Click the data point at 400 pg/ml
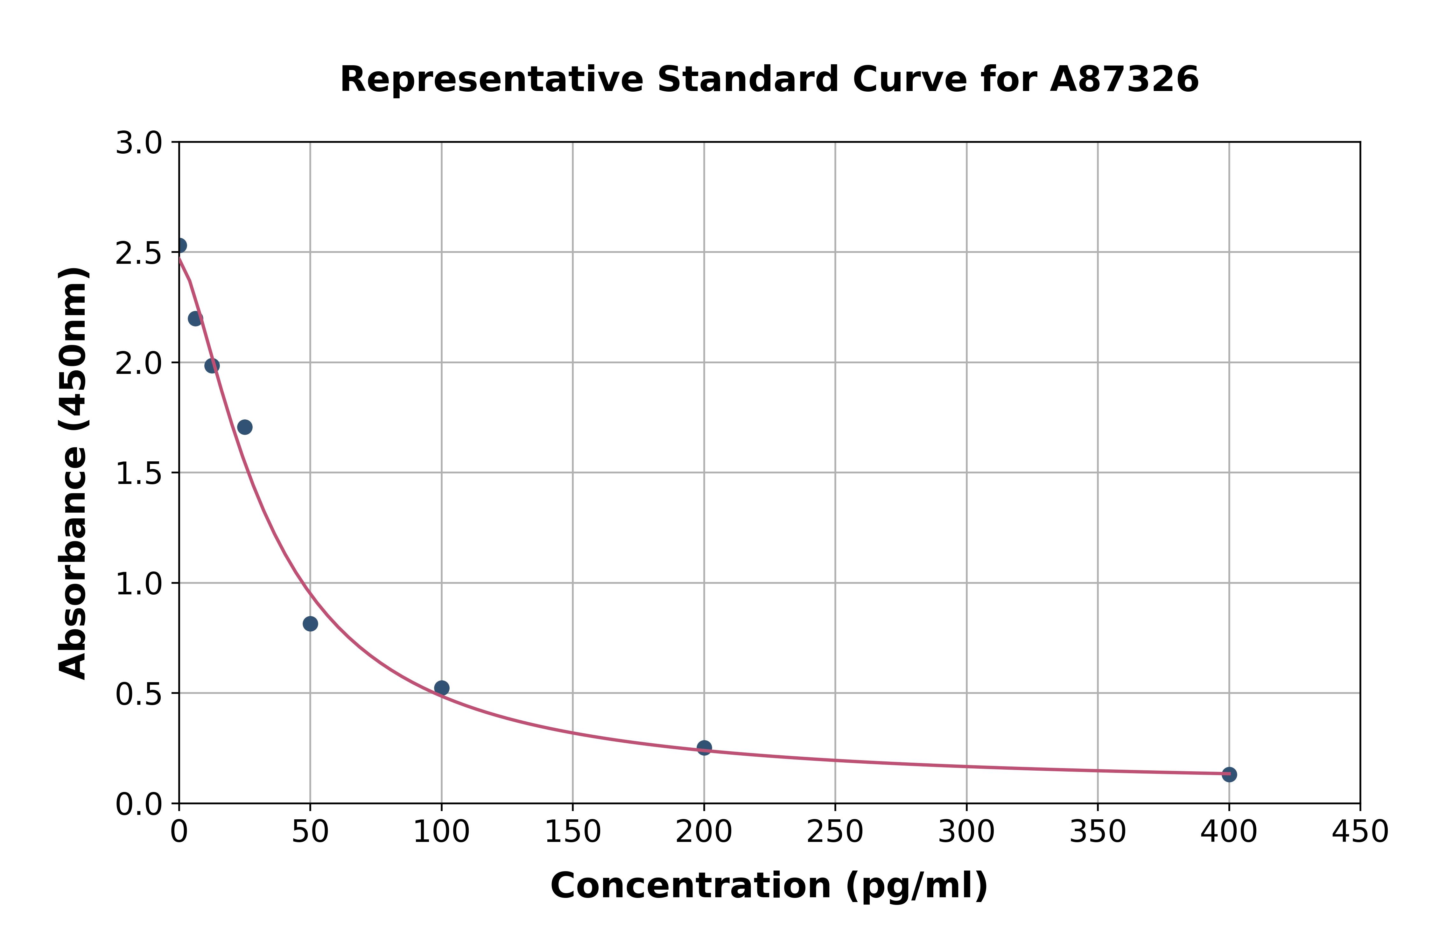tap(1229, 774)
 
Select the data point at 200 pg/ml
tap(704, 748)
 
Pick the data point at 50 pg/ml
tap(310, 624)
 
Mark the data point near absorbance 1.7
tap(245, 427)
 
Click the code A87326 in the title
tap(1124, 80)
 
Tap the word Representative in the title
tap(492, 80)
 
